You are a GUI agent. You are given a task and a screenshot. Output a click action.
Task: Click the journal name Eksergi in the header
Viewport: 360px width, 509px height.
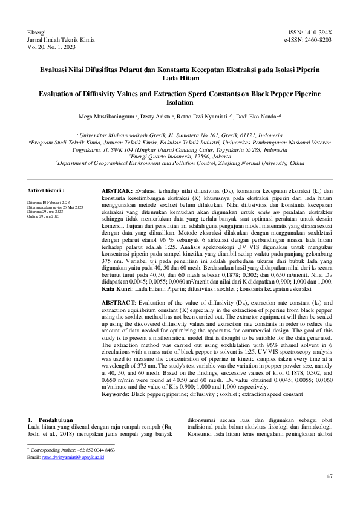(x=38, y=31)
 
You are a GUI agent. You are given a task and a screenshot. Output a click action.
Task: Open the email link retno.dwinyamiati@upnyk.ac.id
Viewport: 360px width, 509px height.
(x=73, y=458)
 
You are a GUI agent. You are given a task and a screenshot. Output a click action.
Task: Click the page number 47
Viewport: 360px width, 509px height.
(x=329, y=477)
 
